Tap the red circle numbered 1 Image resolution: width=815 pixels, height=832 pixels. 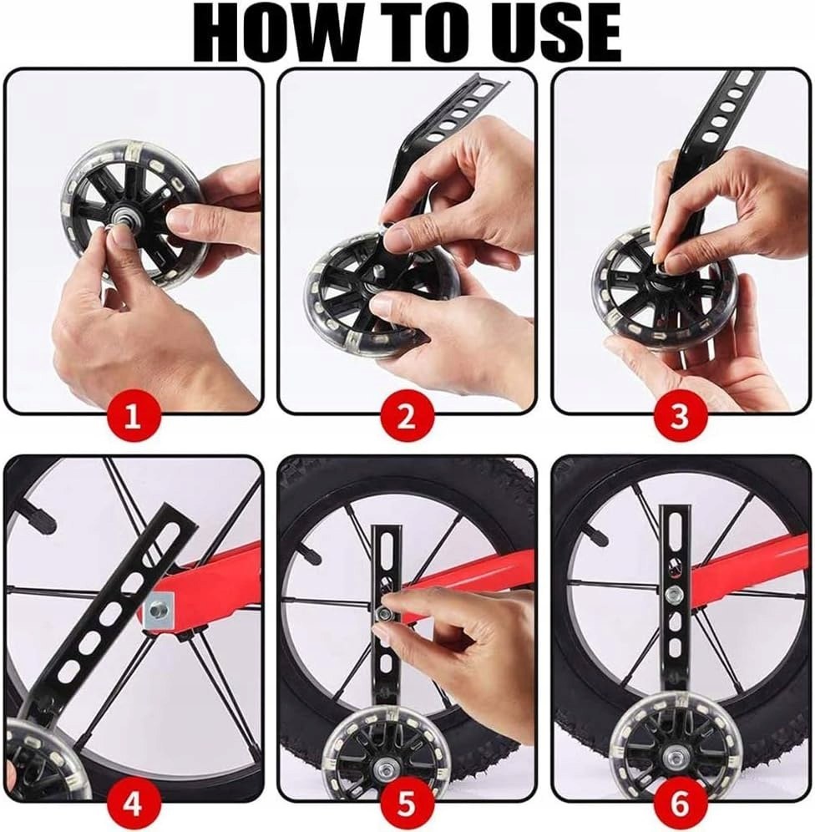[x=133, y=417]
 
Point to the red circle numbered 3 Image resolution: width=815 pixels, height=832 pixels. [x=680, y=417]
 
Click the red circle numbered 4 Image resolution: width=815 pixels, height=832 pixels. [x=133, y=803]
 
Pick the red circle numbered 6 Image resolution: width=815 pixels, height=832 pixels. [x=680, y=803]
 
